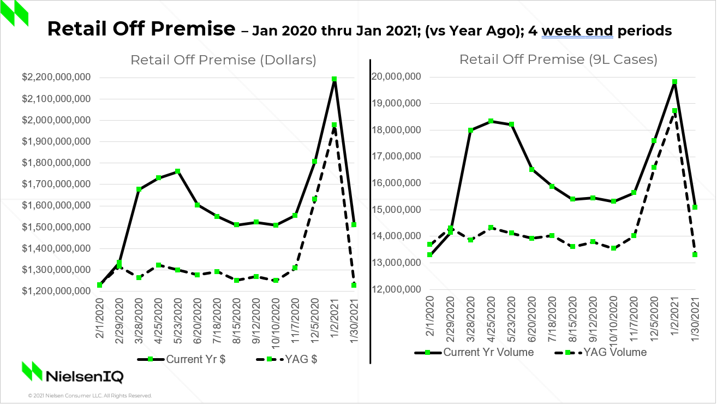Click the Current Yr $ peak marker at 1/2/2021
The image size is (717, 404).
coord(334,79)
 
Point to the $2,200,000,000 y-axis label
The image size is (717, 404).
coord(57,78)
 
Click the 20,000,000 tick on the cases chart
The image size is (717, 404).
coord(397,77)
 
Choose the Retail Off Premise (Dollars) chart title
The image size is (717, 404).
coord(223,60)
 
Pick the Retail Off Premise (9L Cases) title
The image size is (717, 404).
coord(558,60)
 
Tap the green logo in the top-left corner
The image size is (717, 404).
coord(15,14)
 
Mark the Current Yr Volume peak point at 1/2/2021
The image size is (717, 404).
coord(675,82)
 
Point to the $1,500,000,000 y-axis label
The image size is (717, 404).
coord(57,227)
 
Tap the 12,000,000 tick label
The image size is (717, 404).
coord(397,289)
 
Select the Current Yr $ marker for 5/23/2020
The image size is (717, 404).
coord(178,171)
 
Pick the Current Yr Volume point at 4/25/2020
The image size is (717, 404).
coord(491,121)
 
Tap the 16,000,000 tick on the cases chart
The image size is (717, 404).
coord(397,183)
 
